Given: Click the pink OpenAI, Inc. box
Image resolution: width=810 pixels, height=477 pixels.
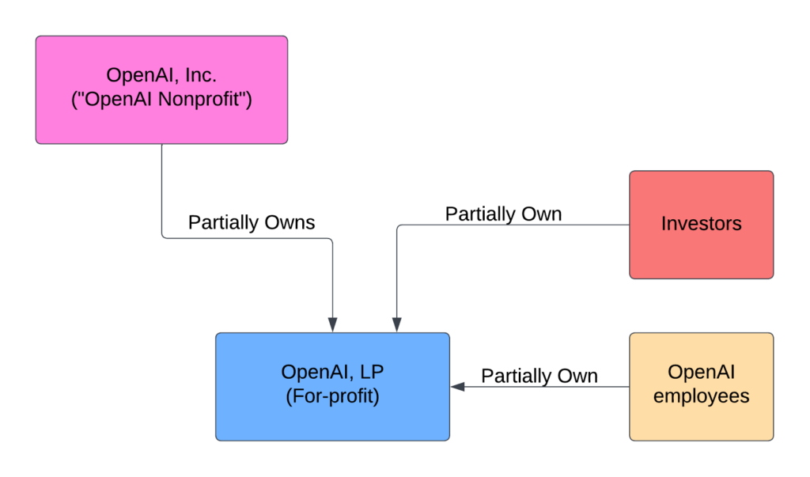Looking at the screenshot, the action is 161,90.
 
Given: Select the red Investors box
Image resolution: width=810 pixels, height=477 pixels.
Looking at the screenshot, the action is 701,225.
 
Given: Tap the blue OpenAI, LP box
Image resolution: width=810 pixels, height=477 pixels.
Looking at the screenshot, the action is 333,387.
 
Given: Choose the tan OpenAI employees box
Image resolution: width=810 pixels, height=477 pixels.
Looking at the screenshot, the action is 701,387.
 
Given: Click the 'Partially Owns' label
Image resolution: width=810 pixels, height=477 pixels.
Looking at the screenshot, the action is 251,222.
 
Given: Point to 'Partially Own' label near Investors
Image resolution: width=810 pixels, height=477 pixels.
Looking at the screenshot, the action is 503,214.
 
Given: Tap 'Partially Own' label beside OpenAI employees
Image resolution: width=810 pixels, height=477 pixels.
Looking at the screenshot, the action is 539,376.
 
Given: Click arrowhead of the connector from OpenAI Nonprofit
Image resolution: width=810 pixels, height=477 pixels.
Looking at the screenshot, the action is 333,325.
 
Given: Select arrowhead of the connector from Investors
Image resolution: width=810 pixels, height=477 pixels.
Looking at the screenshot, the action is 397,325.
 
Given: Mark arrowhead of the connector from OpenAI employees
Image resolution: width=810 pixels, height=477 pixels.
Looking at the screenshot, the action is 457,387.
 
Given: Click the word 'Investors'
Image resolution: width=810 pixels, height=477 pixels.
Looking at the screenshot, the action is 701,224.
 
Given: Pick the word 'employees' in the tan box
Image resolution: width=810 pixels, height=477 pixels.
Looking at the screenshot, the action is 701,396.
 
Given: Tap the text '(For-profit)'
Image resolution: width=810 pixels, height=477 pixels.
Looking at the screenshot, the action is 333,396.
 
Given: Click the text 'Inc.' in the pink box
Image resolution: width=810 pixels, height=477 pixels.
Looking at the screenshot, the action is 201,75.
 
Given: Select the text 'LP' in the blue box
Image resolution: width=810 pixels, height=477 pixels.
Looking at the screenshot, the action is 372,372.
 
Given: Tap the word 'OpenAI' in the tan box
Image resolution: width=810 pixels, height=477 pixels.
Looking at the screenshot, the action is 701,372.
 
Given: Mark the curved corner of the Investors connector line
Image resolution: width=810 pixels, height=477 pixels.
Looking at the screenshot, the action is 399,227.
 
